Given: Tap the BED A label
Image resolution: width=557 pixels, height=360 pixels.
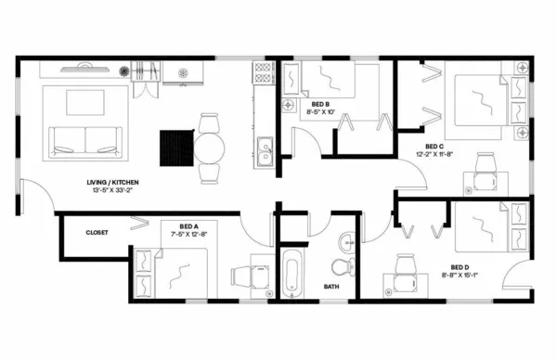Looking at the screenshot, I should click(x=188, y=225).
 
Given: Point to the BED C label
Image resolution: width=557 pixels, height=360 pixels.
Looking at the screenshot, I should click(x=434, y=147).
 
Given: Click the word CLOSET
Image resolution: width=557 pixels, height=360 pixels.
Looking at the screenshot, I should click(x=98, y=232).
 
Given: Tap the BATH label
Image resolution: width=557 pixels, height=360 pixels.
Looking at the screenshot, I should click(x=331, y=287).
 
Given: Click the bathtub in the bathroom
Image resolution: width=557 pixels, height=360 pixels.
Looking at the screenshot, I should click(x=292, y=273).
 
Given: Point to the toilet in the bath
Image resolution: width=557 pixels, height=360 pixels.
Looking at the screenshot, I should click(x=343, y=265).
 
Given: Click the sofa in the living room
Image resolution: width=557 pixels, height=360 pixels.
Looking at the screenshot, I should click(x=84, y=140).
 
